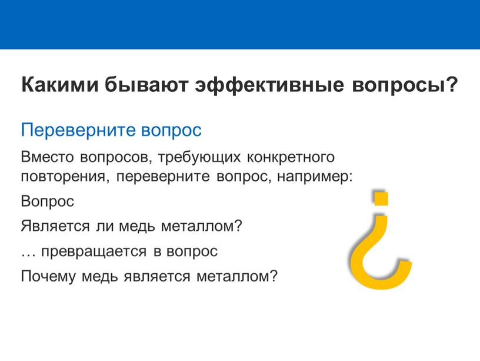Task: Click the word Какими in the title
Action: pyautogui.click(x=60, y=85)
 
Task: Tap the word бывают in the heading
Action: pyautogui.click(x=146, y=85)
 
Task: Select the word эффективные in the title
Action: pyautogui.click(x=269, y=85)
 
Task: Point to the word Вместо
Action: pyautogui.click(x=48, y=157)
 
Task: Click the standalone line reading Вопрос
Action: pyautogui.click(x=48, y=201)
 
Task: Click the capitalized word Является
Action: pyautogui.click(x=55, y=226)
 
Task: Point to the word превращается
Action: pyautogui.click(x=94, y=252)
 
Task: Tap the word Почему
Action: pyautogui.click(x=48, y=276)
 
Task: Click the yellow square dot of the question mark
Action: pyautogui.click(x=381, y=198)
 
